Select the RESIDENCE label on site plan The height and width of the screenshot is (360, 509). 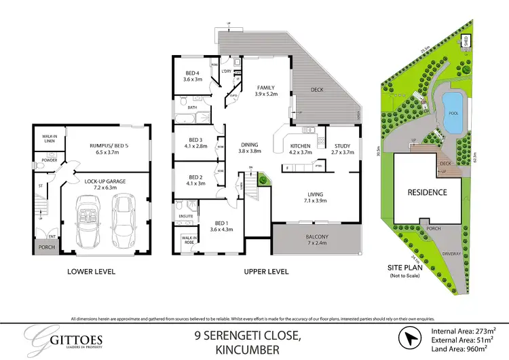click(x=427, y=192)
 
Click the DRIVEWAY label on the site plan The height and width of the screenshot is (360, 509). click(x=451, y=253)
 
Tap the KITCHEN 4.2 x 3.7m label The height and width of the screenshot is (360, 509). click(x=300, y=150)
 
